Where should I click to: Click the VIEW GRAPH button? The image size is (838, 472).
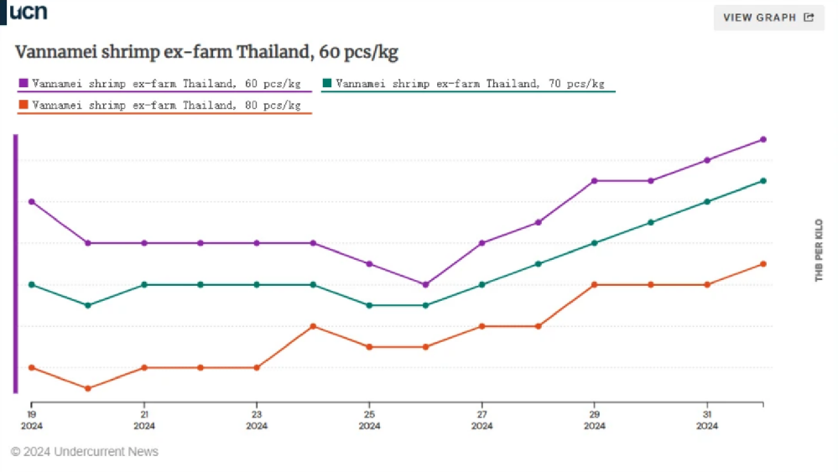768,18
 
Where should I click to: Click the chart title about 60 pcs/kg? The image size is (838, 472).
206,53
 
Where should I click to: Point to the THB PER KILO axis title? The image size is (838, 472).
820,250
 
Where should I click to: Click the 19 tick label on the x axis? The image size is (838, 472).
31,414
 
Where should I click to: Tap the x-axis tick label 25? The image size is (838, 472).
369,414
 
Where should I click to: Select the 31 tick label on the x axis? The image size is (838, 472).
706,414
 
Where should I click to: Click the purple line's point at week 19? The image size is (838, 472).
32,201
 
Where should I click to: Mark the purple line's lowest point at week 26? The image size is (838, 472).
425,284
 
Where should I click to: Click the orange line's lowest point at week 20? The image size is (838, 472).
88,388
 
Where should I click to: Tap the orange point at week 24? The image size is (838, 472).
313,326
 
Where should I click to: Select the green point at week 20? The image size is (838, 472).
88,305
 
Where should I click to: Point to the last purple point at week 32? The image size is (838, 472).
763,139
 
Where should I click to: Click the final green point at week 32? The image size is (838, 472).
763,180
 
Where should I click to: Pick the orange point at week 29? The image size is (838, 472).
594,284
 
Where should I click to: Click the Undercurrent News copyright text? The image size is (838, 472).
85,452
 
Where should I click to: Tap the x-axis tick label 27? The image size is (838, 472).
481,414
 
